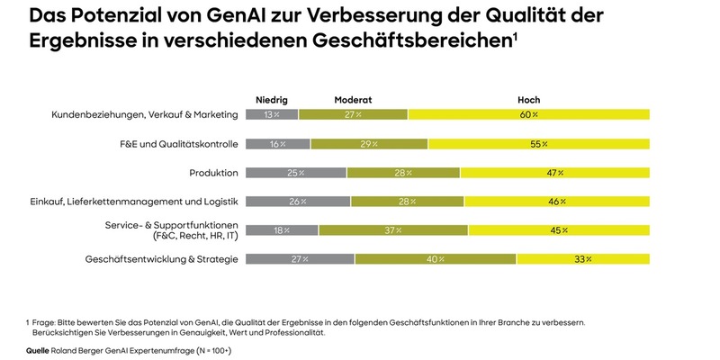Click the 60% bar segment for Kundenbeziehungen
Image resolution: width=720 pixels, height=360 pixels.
coord(528,114)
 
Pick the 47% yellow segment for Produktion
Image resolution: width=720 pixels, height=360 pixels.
coord(553,172)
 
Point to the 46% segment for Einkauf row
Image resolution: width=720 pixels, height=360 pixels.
coord(556,201)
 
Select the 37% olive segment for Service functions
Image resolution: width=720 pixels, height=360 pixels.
coord(393,229)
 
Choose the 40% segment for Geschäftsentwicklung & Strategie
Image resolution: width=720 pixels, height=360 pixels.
coord(436,258)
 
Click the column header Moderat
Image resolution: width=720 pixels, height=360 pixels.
coord(353,99)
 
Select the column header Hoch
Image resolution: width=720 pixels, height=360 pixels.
coord(528,99)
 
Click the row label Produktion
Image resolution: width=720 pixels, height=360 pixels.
coord(213,172)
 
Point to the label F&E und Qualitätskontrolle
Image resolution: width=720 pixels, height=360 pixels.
coord(179,143)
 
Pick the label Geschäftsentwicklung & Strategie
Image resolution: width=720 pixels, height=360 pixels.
coord(161,258)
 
